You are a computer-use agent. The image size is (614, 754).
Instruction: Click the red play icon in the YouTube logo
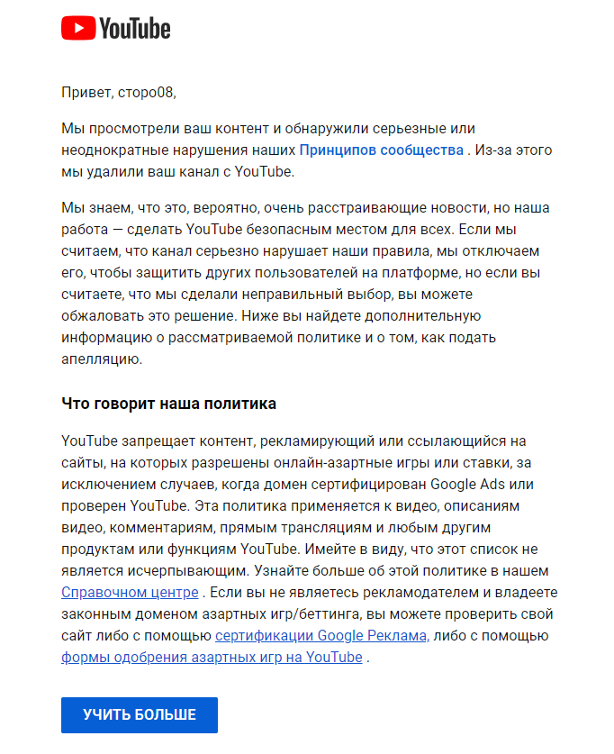tap(77, 29)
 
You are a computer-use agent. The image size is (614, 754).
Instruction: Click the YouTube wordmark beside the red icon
tap(134, 29)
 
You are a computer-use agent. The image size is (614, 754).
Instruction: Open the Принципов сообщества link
tap(381, 150)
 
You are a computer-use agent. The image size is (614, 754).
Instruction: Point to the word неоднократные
tap(110, 150)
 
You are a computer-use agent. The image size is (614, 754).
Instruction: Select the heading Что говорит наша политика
tap(168, 404)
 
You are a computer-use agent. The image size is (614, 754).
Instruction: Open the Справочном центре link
tap(130, 593)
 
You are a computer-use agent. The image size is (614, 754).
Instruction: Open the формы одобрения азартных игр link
tap(212, 658)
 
